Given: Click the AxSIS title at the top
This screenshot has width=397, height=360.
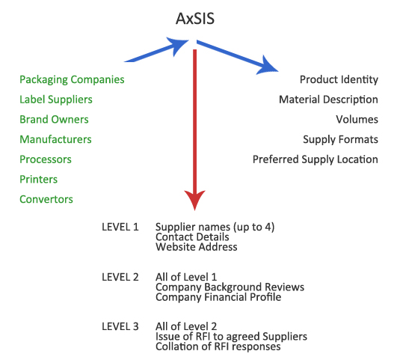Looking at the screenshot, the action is [195, 19].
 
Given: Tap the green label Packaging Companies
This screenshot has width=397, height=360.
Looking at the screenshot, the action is [72, 80].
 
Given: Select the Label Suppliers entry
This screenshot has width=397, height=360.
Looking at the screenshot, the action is [56, 100].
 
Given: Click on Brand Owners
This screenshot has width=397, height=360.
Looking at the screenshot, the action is [54, 120].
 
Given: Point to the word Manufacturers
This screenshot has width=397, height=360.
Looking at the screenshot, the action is [56, 139].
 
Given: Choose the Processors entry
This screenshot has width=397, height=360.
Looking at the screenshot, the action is [46, 159].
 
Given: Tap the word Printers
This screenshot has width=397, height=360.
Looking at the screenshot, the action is [38, 180].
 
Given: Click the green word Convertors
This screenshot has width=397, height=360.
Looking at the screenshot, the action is [46, 200].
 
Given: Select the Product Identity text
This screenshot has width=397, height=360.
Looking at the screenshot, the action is [339, 80].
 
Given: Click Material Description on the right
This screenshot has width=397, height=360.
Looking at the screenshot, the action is [329, 100].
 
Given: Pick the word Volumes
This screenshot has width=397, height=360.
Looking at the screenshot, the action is [357, 120].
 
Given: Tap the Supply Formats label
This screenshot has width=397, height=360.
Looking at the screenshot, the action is [340, 140].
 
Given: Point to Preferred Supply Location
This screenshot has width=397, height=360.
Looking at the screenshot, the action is [316, 160].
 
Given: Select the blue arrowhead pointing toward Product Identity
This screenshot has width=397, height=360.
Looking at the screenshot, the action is [268, 66].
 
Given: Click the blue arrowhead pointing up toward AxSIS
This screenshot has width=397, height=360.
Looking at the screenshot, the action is [178, 45].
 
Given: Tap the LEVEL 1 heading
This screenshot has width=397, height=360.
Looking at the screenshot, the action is [120, 227].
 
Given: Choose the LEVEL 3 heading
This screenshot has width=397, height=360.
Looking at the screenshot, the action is [120, 326].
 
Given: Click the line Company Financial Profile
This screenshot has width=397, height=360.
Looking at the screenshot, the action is [218, 297].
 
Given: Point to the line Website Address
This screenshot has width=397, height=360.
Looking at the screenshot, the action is [197, 247].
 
